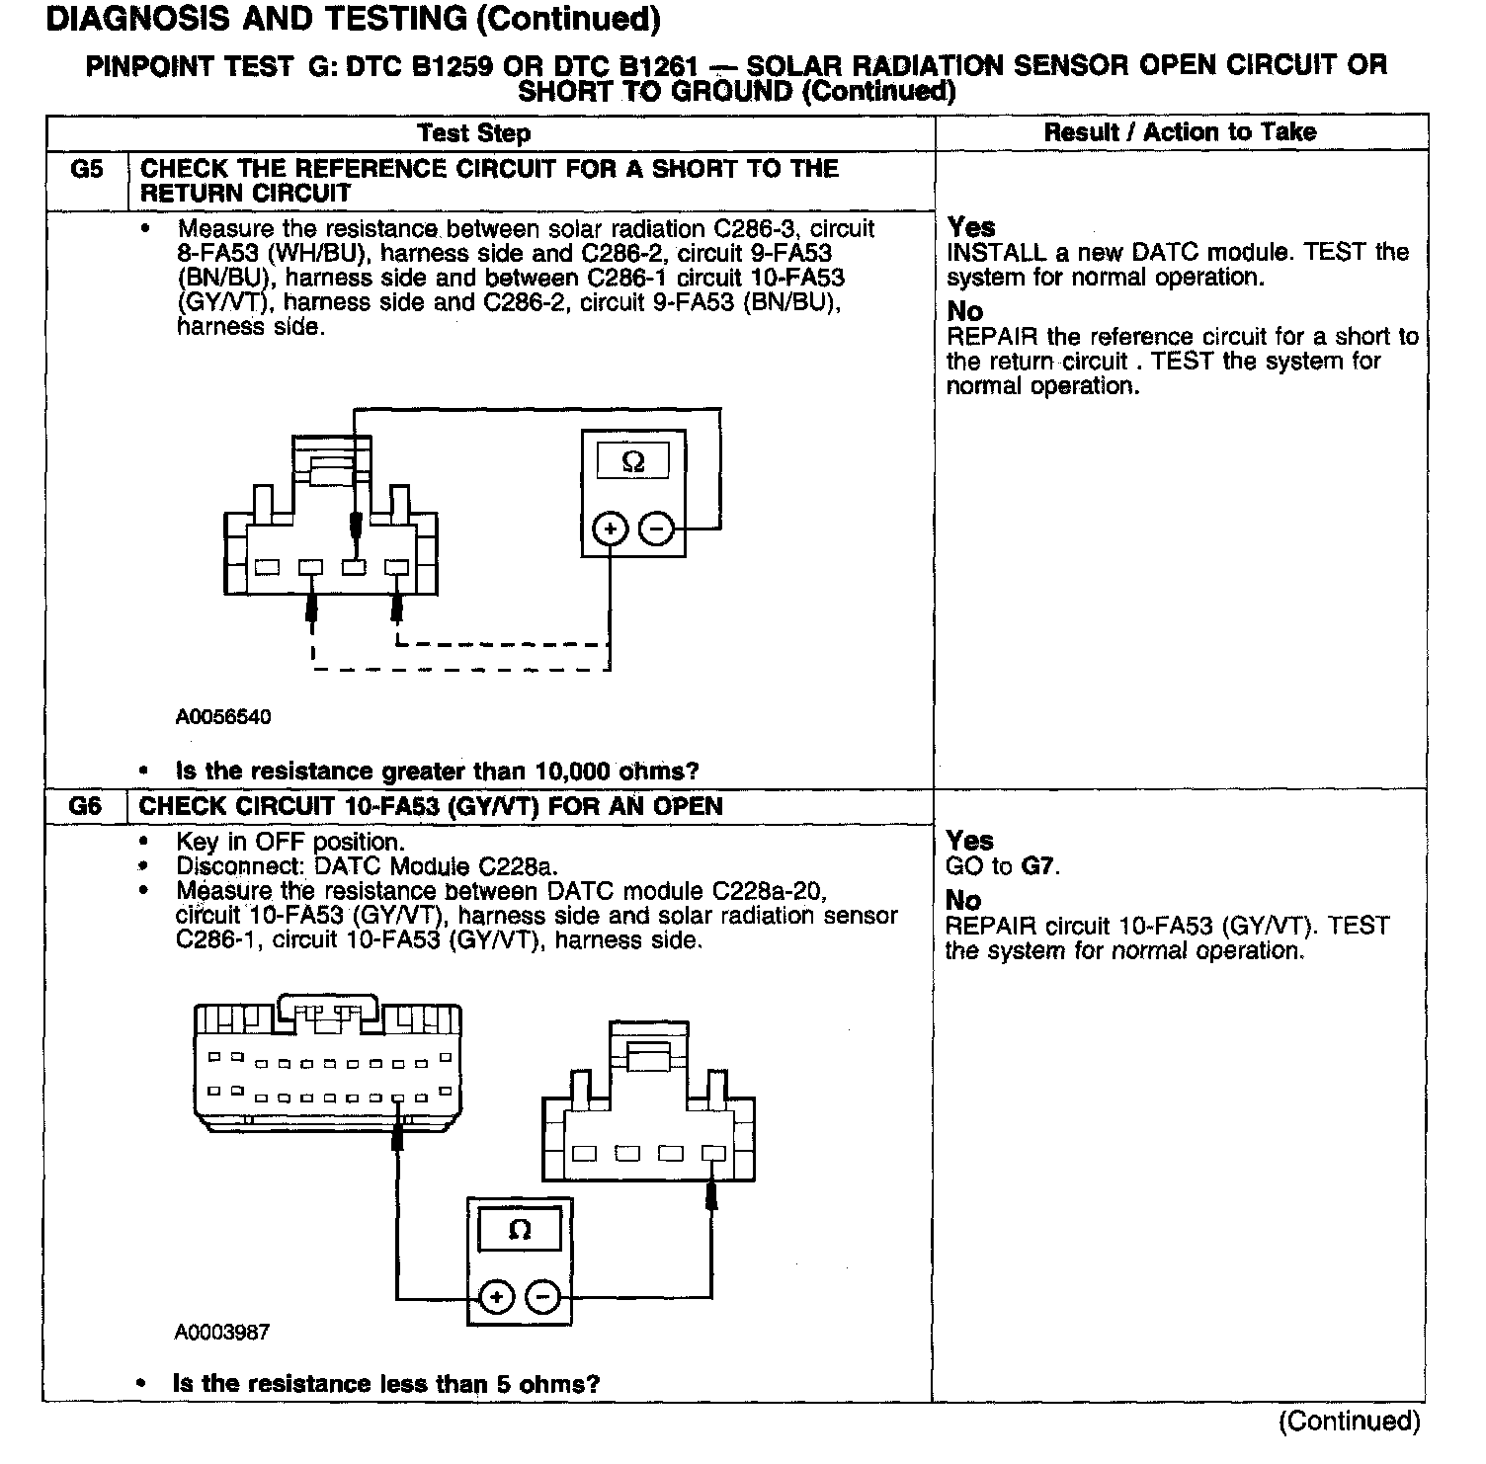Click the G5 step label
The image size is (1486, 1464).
click(x=87, y=169)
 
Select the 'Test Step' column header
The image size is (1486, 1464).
click(x=473, y=132)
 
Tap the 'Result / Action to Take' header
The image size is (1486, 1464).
click(x=1180, y=131)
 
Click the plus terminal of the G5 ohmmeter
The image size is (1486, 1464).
click(x=611, y=530)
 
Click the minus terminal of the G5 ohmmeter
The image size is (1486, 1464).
click(x=656, y=530)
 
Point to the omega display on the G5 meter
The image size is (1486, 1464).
click(x=633, y=461)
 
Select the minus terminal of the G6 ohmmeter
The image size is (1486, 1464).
click(x=542, y=1296)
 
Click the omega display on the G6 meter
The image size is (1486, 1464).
click(x=520, y=1231)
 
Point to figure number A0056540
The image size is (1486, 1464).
click(x=223, y=717)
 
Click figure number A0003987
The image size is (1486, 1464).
click(x=222, y=1333)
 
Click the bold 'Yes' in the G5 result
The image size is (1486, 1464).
click(x=971, y=227)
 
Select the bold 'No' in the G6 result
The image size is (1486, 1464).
click(x=963, y=900)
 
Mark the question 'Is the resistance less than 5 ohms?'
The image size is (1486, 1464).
click(x=386, y=1384)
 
